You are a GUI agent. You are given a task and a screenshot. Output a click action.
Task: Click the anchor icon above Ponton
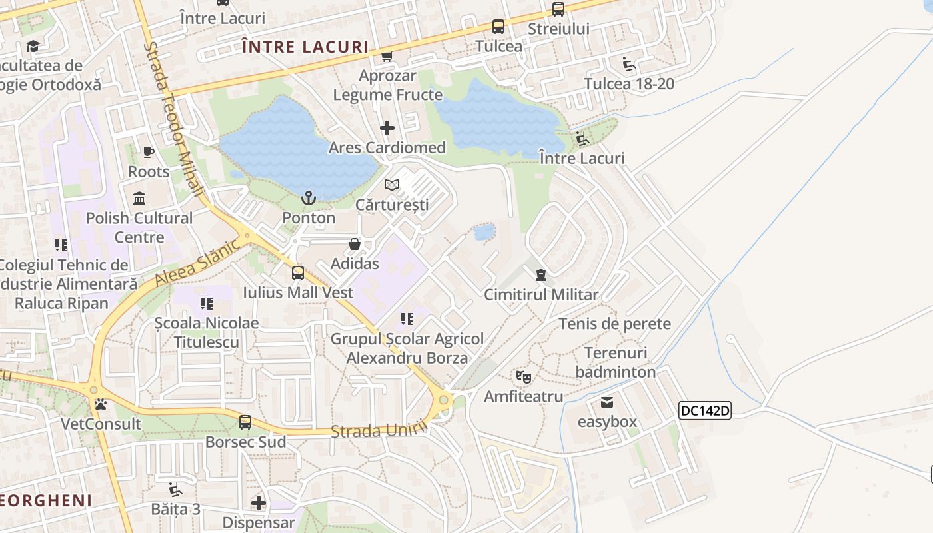pos(308,198)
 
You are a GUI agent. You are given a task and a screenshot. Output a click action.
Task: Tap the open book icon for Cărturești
pos(392,185)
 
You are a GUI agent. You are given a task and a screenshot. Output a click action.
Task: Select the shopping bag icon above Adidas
pos(355,244)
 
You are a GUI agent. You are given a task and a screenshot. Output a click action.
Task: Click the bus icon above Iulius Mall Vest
pos(298,272)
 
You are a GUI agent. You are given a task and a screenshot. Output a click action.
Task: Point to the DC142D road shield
pos(705,410)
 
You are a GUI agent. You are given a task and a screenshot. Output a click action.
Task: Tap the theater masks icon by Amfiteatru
pos(524,377)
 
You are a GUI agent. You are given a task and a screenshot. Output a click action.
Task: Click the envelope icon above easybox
pos(607,402)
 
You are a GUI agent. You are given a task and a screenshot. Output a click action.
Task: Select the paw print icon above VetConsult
pos(101,404)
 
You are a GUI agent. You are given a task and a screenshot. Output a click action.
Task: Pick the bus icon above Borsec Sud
pos(245,422)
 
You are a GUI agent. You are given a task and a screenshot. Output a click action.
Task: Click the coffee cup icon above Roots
pos(149,153)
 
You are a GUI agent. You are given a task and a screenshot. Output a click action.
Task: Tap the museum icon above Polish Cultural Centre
pos(140,198)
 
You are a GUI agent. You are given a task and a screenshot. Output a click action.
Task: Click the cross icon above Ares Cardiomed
pos(387,127)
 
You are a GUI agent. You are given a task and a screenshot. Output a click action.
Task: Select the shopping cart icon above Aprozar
pos(387,56)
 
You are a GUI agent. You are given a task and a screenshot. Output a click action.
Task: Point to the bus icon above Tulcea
pos(498,27)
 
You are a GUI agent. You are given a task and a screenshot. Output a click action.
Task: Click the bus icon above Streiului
pos(558,9)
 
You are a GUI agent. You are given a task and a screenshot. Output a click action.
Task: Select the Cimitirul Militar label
pos(541,294)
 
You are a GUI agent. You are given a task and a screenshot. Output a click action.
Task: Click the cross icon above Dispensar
pos(259,502)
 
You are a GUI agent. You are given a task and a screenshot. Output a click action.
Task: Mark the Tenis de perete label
pos(614,324)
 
